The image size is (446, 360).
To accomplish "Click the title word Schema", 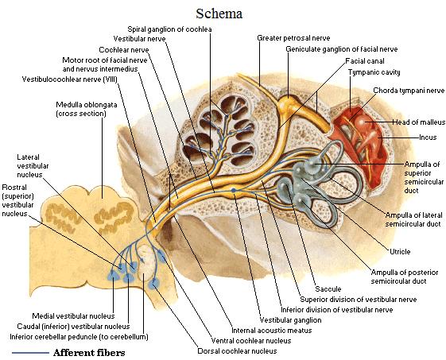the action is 219,14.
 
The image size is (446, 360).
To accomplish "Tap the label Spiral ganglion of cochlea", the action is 169,29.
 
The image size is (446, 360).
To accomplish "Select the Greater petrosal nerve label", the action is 293,38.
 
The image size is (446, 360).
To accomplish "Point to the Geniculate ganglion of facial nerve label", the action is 342,49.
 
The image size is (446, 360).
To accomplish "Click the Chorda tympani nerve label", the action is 409,91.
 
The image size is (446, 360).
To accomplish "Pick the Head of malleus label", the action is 419,122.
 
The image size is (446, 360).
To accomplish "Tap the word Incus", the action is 428,137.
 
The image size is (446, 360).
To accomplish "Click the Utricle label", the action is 400,252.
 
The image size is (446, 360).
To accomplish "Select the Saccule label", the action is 328,289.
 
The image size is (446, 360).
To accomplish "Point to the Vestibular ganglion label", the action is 290,320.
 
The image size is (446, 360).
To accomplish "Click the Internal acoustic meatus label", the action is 272,331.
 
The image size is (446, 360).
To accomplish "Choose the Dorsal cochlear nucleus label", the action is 237,351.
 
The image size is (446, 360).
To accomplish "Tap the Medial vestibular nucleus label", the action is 73,316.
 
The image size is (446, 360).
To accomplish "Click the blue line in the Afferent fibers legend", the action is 30,353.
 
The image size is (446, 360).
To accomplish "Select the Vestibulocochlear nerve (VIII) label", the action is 70,79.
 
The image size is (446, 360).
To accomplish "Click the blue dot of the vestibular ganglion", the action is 234,190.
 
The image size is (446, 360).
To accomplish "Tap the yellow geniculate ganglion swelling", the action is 287,103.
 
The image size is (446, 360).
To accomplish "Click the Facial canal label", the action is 365,61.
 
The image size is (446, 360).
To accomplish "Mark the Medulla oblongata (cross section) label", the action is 87,109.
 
